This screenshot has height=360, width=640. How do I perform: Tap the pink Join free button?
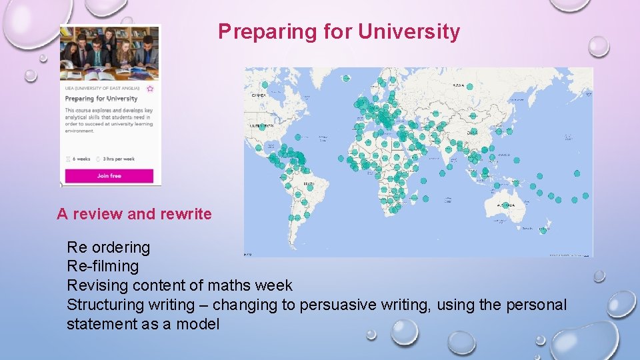(109, 176)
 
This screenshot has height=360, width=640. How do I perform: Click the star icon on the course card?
(150, 89)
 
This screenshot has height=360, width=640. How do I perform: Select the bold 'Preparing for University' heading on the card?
(101, 99)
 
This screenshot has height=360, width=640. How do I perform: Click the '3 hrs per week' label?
(119, 159)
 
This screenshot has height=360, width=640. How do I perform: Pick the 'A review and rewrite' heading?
(134, 214)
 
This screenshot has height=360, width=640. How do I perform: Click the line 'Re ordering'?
(108, 247)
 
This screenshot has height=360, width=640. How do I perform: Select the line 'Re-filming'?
(103, 266)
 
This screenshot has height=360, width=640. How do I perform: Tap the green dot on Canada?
(265, 85)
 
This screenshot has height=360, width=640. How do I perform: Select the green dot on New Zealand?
(543, 231)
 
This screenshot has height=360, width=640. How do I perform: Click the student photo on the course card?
(109, 53)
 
